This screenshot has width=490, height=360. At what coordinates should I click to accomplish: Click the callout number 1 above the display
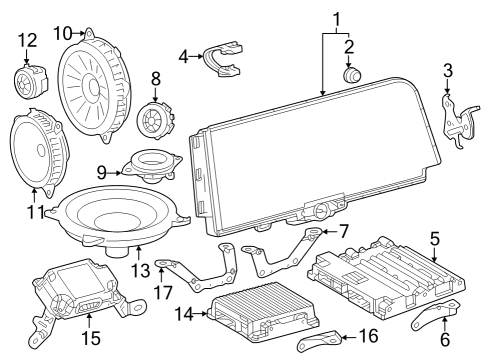click(336, 17)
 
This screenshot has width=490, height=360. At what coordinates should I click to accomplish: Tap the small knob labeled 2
click(350, 73)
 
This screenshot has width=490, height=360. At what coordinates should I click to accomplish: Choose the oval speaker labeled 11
click(37, 151)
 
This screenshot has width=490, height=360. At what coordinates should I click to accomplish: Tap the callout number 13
click(139, 268)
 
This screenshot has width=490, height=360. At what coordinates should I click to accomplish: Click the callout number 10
click(62, 33)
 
